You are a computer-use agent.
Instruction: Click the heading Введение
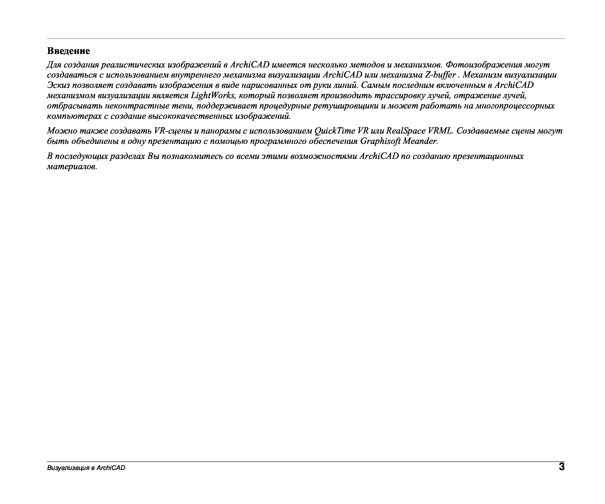point(68,51)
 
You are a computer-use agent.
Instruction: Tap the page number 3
point(562,467)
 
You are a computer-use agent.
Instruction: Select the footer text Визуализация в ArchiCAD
point(86,468)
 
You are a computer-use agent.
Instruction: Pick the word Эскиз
point(58,85)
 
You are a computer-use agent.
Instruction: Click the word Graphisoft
point(380,141)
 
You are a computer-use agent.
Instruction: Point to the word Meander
point(420,141)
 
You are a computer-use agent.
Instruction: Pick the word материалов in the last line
point(72,167)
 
